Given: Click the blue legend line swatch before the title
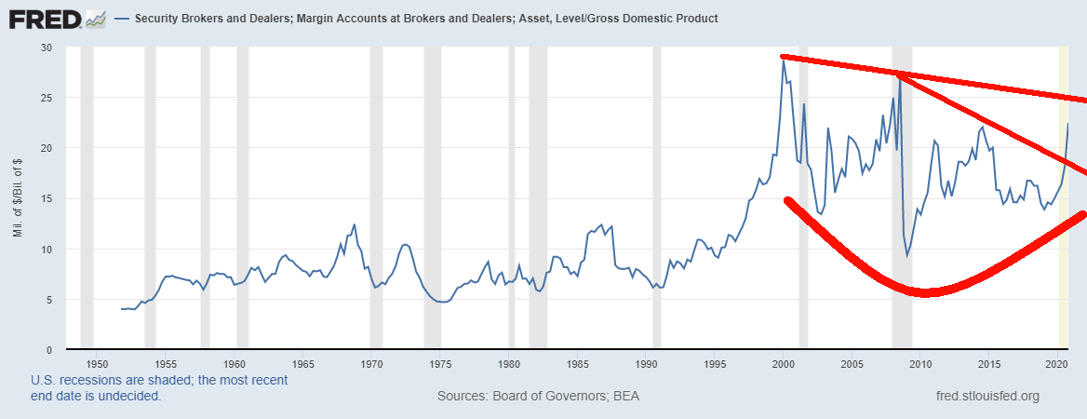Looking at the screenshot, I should (x=122, y=19).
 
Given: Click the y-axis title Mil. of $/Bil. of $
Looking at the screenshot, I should (x=18, y=198).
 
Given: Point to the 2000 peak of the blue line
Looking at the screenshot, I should (x=784, y=61).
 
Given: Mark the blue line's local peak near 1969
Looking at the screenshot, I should (x=355, y=224).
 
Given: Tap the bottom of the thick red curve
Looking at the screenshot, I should (x=926, y=292).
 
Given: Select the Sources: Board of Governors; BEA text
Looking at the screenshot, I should (x=538, y=397).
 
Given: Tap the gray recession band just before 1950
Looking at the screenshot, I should (x=87, y=196).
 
